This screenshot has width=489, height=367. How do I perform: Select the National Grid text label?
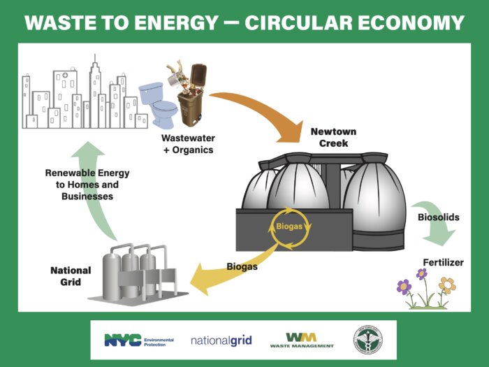(x=70, y=276)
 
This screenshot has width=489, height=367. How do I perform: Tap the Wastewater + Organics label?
(x=188, y=144)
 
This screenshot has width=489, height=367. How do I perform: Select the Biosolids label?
(x=438, y=217)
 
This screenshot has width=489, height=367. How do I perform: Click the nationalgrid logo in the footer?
(x=221, y=341)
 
